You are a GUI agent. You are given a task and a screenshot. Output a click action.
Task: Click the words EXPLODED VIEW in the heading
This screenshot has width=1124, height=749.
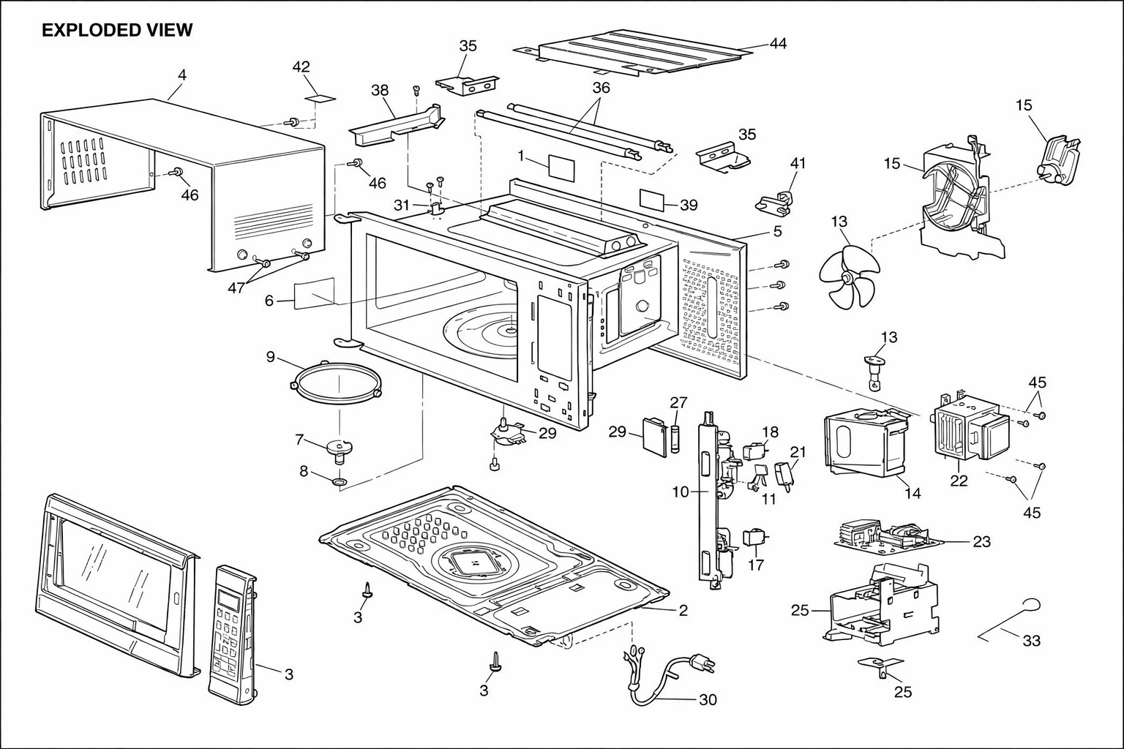click(x=117, y=30)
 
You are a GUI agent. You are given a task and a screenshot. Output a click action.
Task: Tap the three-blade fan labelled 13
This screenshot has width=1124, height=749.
click(x=849, y=276)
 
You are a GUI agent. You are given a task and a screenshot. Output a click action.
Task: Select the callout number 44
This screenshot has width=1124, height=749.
click(x=779, y=44)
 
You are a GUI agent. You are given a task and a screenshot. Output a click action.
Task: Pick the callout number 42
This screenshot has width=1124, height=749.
click(x=301, y=67)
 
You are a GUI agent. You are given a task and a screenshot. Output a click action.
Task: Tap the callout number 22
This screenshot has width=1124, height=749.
click(x=959, y=481)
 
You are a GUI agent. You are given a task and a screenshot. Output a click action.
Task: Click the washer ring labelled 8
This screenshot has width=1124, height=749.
click(x=340, y=482)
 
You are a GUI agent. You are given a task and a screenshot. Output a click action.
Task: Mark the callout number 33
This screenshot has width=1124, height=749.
click(x=1032, y=641)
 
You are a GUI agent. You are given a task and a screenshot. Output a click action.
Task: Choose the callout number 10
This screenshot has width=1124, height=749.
click(x=681, y=492)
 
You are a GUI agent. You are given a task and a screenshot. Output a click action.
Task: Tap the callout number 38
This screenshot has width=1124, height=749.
click(x=380, y=90)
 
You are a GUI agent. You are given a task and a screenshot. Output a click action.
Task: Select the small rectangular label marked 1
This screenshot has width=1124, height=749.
click(x=561, y=168)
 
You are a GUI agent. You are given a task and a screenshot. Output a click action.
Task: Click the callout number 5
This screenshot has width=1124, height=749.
click(x=777, y=231)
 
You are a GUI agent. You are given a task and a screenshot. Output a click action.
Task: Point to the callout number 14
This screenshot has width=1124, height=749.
click(x=913, y=493)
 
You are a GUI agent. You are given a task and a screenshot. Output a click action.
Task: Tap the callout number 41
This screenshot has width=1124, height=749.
click(x=798, y=163)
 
